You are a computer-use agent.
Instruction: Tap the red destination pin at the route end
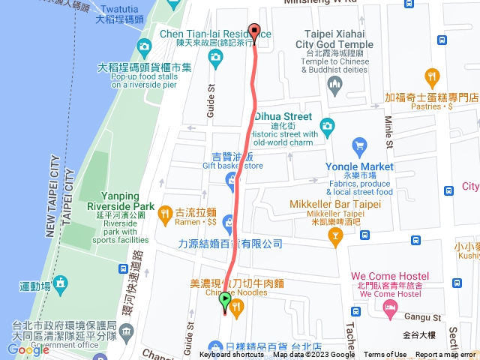[x=254, y=32]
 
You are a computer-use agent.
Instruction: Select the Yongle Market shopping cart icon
[x=359, y=144]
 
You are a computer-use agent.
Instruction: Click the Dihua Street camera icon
[x=326, y=125]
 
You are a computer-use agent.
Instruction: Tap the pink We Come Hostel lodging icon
[x=389, y=307]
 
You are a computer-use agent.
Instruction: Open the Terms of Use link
[x=385, y=355]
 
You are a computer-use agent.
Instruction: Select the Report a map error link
[x=445, y=355]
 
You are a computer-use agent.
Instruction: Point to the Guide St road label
[x=211, y=101]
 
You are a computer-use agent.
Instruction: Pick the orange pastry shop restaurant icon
[x=431, y=76]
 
